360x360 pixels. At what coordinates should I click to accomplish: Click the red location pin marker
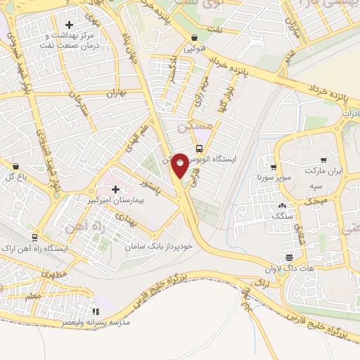pos(180,165)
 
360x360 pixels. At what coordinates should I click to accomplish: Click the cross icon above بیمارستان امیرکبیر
pos(115,189)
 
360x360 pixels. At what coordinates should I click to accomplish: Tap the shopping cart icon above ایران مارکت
pos(323,160)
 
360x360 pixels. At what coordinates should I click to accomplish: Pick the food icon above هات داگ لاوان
pos(288,257)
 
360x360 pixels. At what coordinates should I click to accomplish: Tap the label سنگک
pos(282,218)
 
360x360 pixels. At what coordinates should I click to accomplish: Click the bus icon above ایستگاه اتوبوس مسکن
pos(200,148)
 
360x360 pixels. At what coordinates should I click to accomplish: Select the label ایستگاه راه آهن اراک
pos(60,248)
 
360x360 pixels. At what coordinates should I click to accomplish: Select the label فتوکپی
pos(195,50)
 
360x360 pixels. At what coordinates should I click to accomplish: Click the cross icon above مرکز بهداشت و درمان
pos(69,26)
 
